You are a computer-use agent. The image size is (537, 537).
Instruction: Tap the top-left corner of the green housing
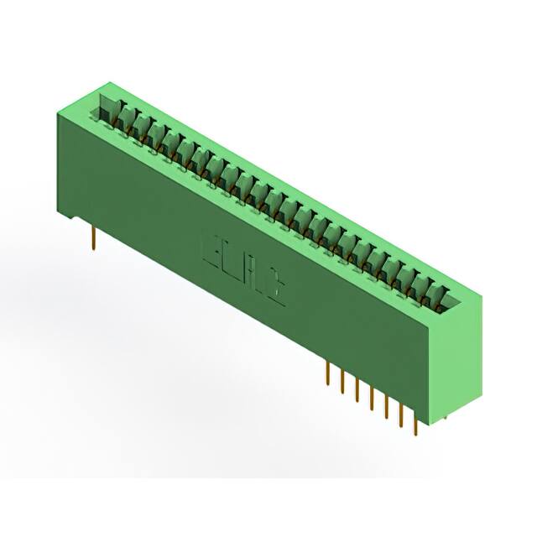59,107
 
